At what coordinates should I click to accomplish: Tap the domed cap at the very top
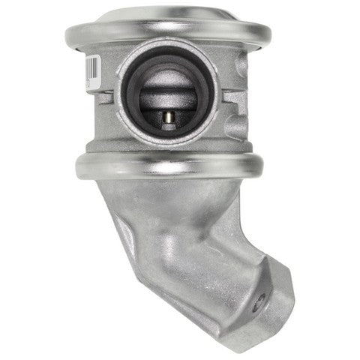click(x=168, y=13)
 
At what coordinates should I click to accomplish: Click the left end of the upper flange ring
click(x=71, y=33)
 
